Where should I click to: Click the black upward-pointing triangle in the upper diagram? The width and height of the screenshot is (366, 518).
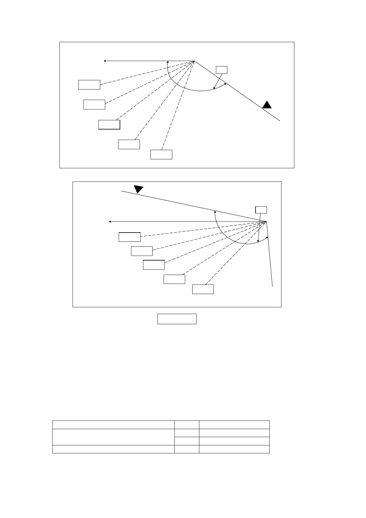[x=267, y=105]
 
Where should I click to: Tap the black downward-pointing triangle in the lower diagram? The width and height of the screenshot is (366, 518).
[x=138, y=189]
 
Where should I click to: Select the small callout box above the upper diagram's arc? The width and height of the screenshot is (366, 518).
[x=221, y=70]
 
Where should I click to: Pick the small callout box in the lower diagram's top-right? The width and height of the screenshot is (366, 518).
[x=261, y=210]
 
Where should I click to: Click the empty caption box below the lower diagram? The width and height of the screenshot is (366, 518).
[x=177, y=319]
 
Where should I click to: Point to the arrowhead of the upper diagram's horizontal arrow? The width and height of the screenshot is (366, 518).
[x=105, y=61]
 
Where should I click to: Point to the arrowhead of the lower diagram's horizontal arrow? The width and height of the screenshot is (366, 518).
[x=110, y=221]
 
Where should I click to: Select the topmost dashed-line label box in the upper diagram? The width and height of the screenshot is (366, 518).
[x=89, y=85]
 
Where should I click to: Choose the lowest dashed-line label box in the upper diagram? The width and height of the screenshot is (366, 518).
[x=161, y=154]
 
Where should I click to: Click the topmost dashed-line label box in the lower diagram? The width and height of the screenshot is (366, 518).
[x=129, y=237]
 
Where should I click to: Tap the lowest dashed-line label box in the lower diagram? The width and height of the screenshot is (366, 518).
[x=203, y=289]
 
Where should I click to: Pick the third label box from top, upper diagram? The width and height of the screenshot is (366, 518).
[x=109, y=125]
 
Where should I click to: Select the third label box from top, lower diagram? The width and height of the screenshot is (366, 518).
[x=154, y=265]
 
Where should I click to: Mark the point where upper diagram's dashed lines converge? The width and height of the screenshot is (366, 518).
[x=194, y=61]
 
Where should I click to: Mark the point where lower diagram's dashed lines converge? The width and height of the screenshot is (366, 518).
[x=266, y=221]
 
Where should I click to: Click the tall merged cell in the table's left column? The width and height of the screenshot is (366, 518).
[x=113, y=437]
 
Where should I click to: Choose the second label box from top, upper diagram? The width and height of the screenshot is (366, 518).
[x=94, y=105]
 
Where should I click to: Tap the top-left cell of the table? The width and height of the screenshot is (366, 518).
[x=113, y=424]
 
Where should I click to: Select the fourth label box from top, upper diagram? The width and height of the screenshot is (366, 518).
[x=129, y=144]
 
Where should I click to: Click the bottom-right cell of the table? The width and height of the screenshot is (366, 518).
[x=234, y=449]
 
